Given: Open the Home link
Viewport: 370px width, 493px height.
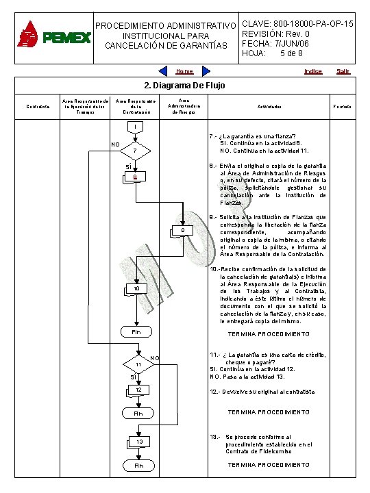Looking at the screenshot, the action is click(x=184, y=71).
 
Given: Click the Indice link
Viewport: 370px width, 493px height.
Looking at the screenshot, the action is click(x=312, y=71).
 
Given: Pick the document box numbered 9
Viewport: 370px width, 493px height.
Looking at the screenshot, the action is click(x=182, y=231).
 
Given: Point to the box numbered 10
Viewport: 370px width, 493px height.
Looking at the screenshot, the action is click(x=136, y=290).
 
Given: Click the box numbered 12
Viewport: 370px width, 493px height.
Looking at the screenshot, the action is click(x=138, y=391).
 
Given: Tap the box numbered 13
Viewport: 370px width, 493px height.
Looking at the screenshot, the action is click(x=138, y=442).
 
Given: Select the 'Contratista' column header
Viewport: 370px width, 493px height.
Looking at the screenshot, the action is click(x=33, y=107).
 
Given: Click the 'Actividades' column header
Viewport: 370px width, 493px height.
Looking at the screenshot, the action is click(x=269, y=108).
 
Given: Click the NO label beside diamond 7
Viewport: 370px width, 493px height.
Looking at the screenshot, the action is click(x=115, y=144).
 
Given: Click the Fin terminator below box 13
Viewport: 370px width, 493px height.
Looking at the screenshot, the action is click(x=138, y=466).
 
